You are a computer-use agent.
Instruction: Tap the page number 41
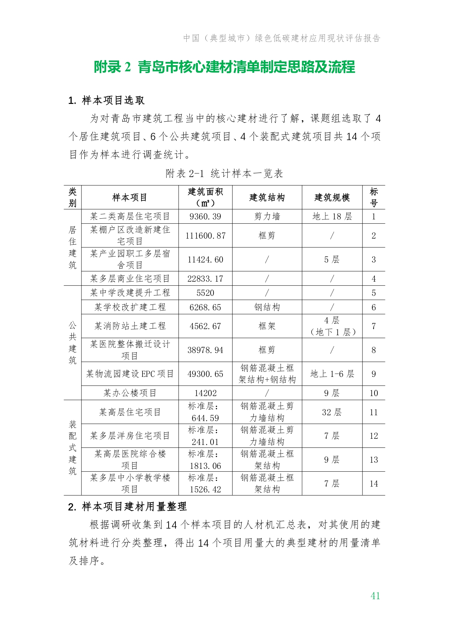pyautogui.click(x=375, y=596)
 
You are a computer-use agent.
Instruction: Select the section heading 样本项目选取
pyautogui.click(x=107, y=100)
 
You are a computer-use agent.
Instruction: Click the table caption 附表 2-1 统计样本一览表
pyautogui.click(x=224, y=173)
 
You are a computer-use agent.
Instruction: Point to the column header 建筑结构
pyautogui.click(x=267, y=197)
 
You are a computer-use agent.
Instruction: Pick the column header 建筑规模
pyautogui.click(x=332, y=197)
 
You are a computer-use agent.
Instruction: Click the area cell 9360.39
pyautogui.click(x=205, y=216)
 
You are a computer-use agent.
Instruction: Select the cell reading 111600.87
pyautogui.click(x=205, y=236)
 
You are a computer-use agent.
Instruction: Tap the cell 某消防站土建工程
pyautogui.click(x=130, y=326)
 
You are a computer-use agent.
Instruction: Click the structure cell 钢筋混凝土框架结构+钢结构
pyautogui.click(x=267, y=374)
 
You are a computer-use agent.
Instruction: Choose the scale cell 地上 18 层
pyautogui.click(x=332, y=216)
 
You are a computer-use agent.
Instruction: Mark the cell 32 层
pyautogui.click(x=332, y=412)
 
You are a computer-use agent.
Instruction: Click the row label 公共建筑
pyautogui.click(x=73, y=342)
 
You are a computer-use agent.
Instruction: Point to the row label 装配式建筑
pyautogui.click(x=73, y=447)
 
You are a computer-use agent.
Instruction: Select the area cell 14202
pyautogui.click(x=205, y=393)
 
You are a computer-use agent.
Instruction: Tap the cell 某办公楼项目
pyautogui.click(x=130, y=393)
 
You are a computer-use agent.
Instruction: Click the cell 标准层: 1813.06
pyautogui.click(x=205, y=460)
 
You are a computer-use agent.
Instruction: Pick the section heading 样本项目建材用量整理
pyautogui.click(x=127, y=506)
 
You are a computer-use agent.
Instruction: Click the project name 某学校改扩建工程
pyautogui.click(x=130, y=307)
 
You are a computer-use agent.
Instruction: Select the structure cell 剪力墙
pyautogui.click(x=267, y=216)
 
